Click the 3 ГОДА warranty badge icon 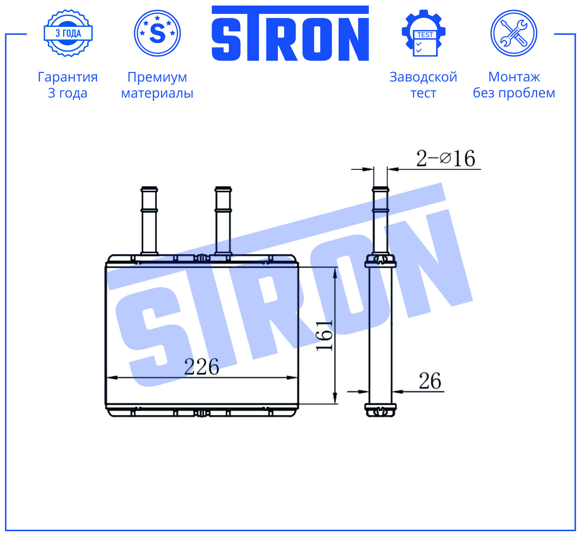pyautogui.click(x=68, y=33)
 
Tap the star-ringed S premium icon pyautogui.click(x=157, y=33)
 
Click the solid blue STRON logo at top pyautogui.click(x=290, y=33)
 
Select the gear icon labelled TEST pyautogui.click(x=423, y=33)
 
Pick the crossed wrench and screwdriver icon pyautogui.click(x=514, y=33)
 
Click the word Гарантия pyautogui.click(x=68, y=77)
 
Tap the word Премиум pyautogui.click(x=157, y=77)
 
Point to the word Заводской pyautogui.click(x=423, y=77)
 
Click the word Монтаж pyautogui.click(x=514, y=77)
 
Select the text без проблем pyautogui.click(x=514, y=93)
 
